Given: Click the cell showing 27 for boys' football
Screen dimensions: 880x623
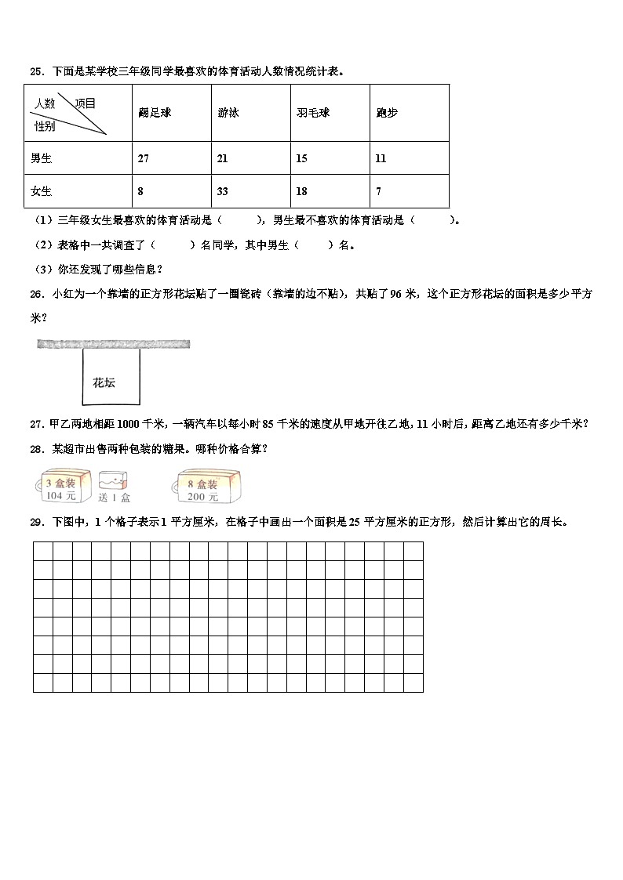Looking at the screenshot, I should coord(143,159).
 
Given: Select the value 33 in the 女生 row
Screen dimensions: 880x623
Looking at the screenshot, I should coord(223,192).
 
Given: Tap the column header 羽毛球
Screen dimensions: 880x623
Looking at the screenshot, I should coord(312,113).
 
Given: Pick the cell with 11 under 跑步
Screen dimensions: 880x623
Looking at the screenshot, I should coord(381,159).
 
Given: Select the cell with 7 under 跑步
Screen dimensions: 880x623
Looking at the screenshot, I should coord(379,192).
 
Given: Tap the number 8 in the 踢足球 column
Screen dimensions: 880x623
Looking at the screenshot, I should coord(140,192).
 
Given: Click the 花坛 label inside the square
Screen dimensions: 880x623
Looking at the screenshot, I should coord(104,383).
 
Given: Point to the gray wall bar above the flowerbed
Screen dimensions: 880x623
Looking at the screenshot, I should coord(113,344).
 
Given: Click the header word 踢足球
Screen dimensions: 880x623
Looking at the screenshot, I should coord(155,113).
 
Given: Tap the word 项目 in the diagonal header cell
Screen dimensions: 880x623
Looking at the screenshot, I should coord(85,103).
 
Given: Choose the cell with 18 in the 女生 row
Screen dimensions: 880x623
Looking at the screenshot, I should coord(302,192).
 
